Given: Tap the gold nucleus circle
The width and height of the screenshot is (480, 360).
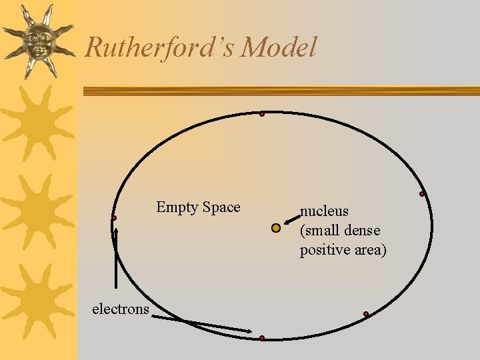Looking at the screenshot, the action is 276,228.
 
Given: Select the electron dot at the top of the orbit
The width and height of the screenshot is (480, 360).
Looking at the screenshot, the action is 262,115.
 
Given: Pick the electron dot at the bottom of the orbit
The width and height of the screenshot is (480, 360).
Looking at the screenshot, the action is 262,338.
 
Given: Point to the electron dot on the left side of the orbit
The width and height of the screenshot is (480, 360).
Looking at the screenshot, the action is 115,218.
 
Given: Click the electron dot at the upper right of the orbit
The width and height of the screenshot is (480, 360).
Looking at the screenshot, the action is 422,194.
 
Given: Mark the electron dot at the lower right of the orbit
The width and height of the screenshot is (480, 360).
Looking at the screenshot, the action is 366,314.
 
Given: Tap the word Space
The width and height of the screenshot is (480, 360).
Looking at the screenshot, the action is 221,207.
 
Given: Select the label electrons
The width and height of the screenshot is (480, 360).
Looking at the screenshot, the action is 121,309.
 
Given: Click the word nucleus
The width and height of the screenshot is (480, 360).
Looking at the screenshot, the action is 325,211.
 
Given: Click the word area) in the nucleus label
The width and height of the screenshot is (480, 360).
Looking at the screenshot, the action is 371,250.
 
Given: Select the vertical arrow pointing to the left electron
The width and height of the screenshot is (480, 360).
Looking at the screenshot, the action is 117,260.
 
